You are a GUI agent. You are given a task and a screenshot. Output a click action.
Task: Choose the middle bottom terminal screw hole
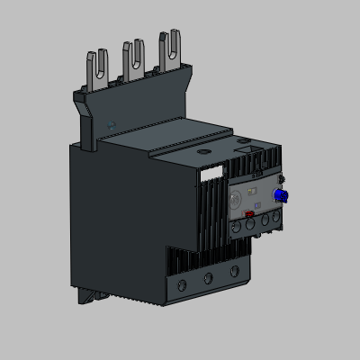[211, 277]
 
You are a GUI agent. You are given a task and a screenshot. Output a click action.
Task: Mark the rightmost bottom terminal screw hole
[235, 270]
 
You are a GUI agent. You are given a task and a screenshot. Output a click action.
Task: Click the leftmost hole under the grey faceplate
[235, 227]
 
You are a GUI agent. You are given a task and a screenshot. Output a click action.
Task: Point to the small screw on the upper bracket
[110, 124]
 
